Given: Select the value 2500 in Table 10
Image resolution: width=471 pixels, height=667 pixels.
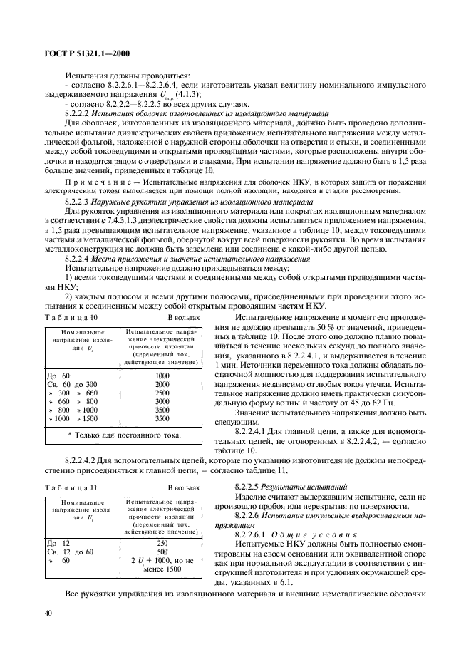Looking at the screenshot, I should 162,393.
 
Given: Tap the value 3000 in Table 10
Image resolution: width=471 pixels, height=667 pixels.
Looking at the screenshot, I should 162,402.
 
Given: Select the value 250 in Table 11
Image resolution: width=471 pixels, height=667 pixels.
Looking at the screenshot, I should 162,542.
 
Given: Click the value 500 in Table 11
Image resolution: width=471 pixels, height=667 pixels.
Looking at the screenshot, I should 162,552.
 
